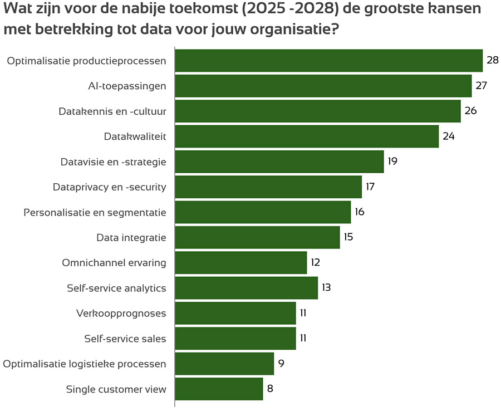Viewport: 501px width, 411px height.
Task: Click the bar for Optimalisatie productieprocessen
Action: [328, 61]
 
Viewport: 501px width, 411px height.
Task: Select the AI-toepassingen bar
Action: [323, 86]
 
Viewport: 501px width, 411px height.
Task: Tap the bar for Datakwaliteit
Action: [307, 136]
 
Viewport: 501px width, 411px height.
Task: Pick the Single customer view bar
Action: [219, 389]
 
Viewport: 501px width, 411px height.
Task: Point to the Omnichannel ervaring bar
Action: [240, 262]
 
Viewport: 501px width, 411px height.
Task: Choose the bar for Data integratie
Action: [257, 237]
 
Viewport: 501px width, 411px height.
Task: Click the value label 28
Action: [492, 60]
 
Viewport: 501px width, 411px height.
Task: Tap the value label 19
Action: [392, 162]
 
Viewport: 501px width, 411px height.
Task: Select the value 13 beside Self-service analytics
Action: [326, 287]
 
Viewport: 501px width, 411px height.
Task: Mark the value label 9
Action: [281, 363]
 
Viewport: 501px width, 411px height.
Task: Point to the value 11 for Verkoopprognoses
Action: [303, 313]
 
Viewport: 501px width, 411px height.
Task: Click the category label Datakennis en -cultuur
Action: [112, 111]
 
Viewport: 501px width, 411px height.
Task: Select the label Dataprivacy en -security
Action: [109, 187]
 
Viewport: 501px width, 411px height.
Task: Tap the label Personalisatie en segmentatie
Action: [95, 212]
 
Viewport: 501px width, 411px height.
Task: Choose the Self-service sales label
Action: [125, 338]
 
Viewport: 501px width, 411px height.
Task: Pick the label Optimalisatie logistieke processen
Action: [85, 364]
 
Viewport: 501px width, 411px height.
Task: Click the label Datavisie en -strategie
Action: [113, 162]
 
